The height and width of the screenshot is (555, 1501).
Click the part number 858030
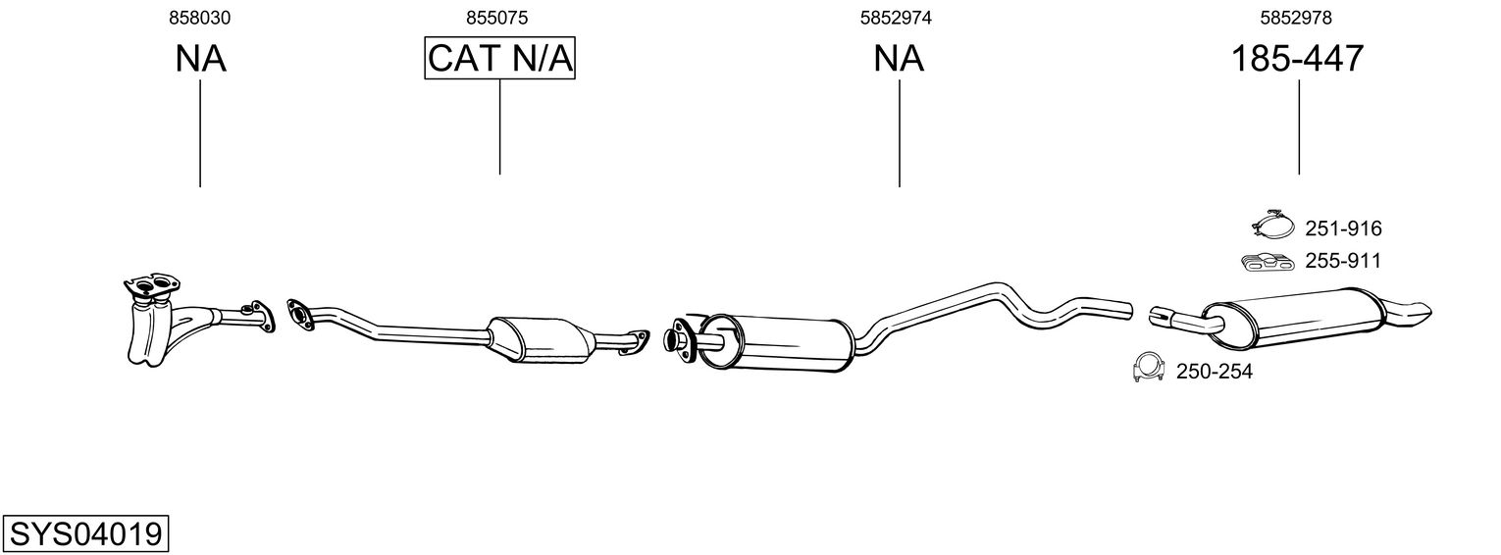[x=199, y=18]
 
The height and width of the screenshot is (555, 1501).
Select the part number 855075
[x=497, y=18]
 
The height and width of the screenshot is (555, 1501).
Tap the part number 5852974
[x=896, y=18]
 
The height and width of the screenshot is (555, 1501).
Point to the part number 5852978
[x=1296, y=18]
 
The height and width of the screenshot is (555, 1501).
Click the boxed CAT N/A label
[x=500, y=58]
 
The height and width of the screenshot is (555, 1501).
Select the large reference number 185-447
[x=1297, y=58]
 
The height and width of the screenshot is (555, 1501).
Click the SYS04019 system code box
[x=85, y=534]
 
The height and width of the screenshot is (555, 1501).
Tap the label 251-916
[x=1343, y=229]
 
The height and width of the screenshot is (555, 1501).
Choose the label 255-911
[x=1343, y=261]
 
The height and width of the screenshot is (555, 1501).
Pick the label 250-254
[x=1215, y=371]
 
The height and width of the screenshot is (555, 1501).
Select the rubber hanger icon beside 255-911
[x=1268, y=263]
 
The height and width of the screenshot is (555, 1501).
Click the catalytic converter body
[x=540, y=340]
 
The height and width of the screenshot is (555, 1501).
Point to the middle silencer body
[x=776, y=343]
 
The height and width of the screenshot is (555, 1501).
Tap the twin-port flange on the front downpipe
[x=151, y=286]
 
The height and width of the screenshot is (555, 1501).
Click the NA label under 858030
[x=200, y=58]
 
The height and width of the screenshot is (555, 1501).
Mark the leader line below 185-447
[x=1299, y=127]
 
